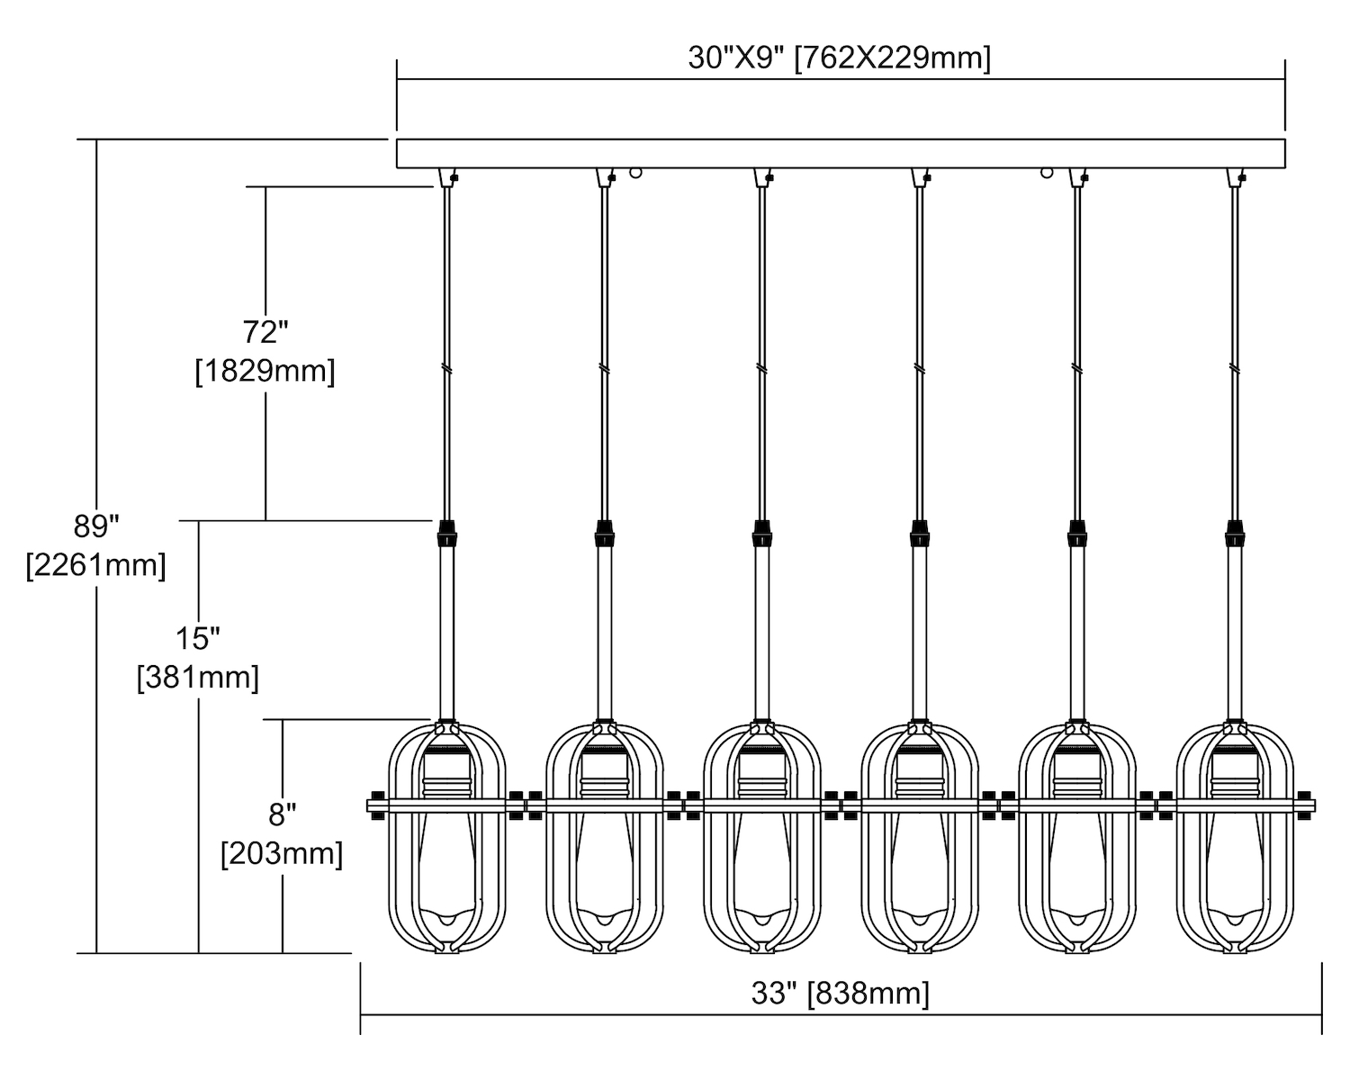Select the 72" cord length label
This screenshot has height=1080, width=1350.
265,332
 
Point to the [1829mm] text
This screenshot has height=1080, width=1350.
265,371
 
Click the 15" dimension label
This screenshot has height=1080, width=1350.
197,638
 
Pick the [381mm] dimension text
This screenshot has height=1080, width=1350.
197,677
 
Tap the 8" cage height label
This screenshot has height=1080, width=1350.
282,814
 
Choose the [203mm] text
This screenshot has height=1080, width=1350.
282,853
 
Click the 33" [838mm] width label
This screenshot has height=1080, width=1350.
840,994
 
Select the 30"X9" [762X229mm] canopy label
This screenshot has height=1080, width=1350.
839,58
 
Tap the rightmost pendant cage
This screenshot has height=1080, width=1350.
1235,837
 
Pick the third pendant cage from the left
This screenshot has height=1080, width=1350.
762,837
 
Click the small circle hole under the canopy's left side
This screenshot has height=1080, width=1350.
636,172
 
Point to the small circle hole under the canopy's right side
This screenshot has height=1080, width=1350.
1047,172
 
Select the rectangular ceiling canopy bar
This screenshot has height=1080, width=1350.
840,153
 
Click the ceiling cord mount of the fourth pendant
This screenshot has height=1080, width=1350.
920,177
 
